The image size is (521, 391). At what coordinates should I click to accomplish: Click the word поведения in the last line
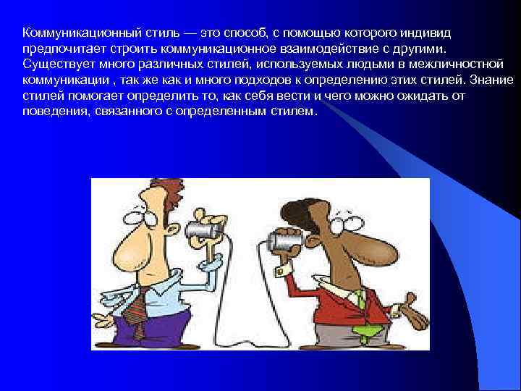pyautogui.click(x=51, y=112)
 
